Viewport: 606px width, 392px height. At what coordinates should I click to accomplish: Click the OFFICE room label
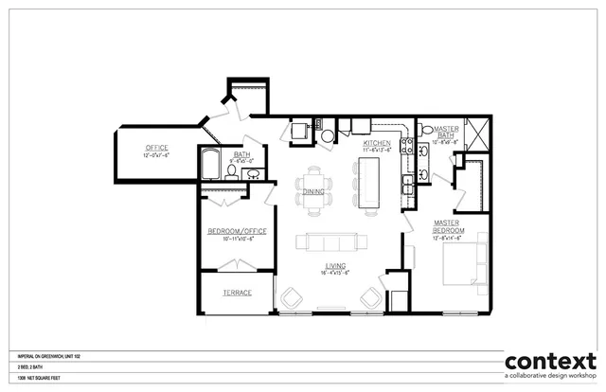pyautogui.click(x=156, y=148)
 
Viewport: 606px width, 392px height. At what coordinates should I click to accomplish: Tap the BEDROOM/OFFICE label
pyautogui.click(x=238, y=231)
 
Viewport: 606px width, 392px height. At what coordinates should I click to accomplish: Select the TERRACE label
pyautogui.click(x=238, y=293)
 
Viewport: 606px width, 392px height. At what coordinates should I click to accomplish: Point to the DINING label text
pyautogui.click(x=314, y=191)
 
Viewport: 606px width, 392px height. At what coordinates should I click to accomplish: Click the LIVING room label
pyautogui.click(x=333, y=267)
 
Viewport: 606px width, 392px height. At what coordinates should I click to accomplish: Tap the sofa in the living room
pyautogui.click(x=329, y=241)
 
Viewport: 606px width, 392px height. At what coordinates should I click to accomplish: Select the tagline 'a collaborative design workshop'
pyautogui.click(x=550, y=378)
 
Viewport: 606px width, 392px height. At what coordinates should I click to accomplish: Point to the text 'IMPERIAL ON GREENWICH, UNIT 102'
pyautogui.click(x=47, y=356)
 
